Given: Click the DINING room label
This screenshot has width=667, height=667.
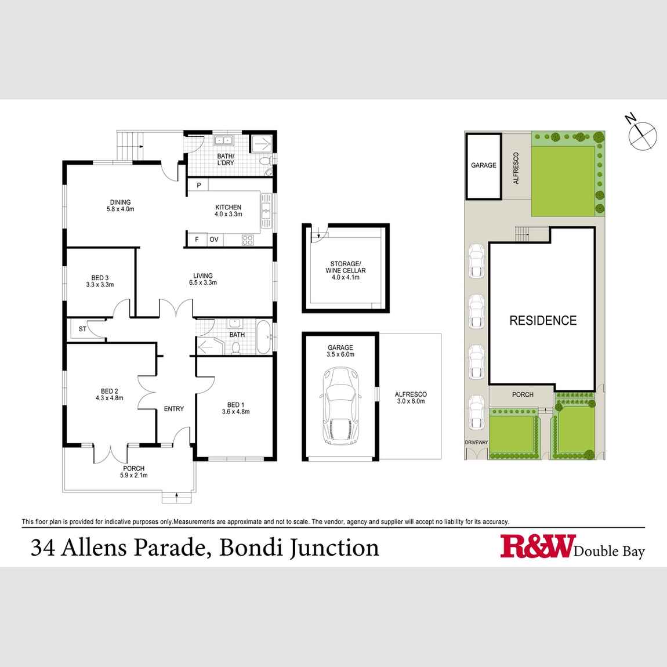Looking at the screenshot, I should click(x=121, y=206).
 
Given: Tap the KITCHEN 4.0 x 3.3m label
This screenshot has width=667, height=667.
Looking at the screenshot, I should click(x=228, y=211).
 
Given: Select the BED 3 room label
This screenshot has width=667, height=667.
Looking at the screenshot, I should click(x=100, y=281).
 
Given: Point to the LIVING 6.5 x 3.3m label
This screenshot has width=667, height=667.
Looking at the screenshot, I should click(x=202, y=280).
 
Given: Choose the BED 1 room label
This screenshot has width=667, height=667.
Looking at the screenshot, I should click(x=235, y=408).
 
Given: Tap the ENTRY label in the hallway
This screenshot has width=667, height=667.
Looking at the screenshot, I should click(x=173, y=409).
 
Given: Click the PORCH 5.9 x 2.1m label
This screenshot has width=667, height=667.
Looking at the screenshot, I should click(x=133, y=472).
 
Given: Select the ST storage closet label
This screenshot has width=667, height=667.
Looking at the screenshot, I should click(x=82, y=329).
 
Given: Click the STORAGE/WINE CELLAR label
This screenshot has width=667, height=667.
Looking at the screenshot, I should click(x=345, y=271).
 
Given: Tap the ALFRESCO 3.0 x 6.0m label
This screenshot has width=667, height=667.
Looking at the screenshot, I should click(x=410, y=397).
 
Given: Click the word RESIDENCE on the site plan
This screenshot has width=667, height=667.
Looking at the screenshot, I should click(x=543, y=321).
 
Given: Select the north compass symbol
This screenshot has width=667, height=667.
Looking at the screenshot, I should click(x=641, y=134).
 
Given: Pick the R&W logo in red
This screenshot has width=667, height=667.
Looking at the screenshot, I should click(x=536, y=546).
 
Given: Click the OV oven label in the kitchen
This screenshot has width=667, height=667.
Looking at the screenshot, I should click(x=214, y=239).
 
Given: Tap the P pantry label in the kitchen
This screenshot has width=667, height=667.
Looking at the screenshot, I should click(x=198, y=186).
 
